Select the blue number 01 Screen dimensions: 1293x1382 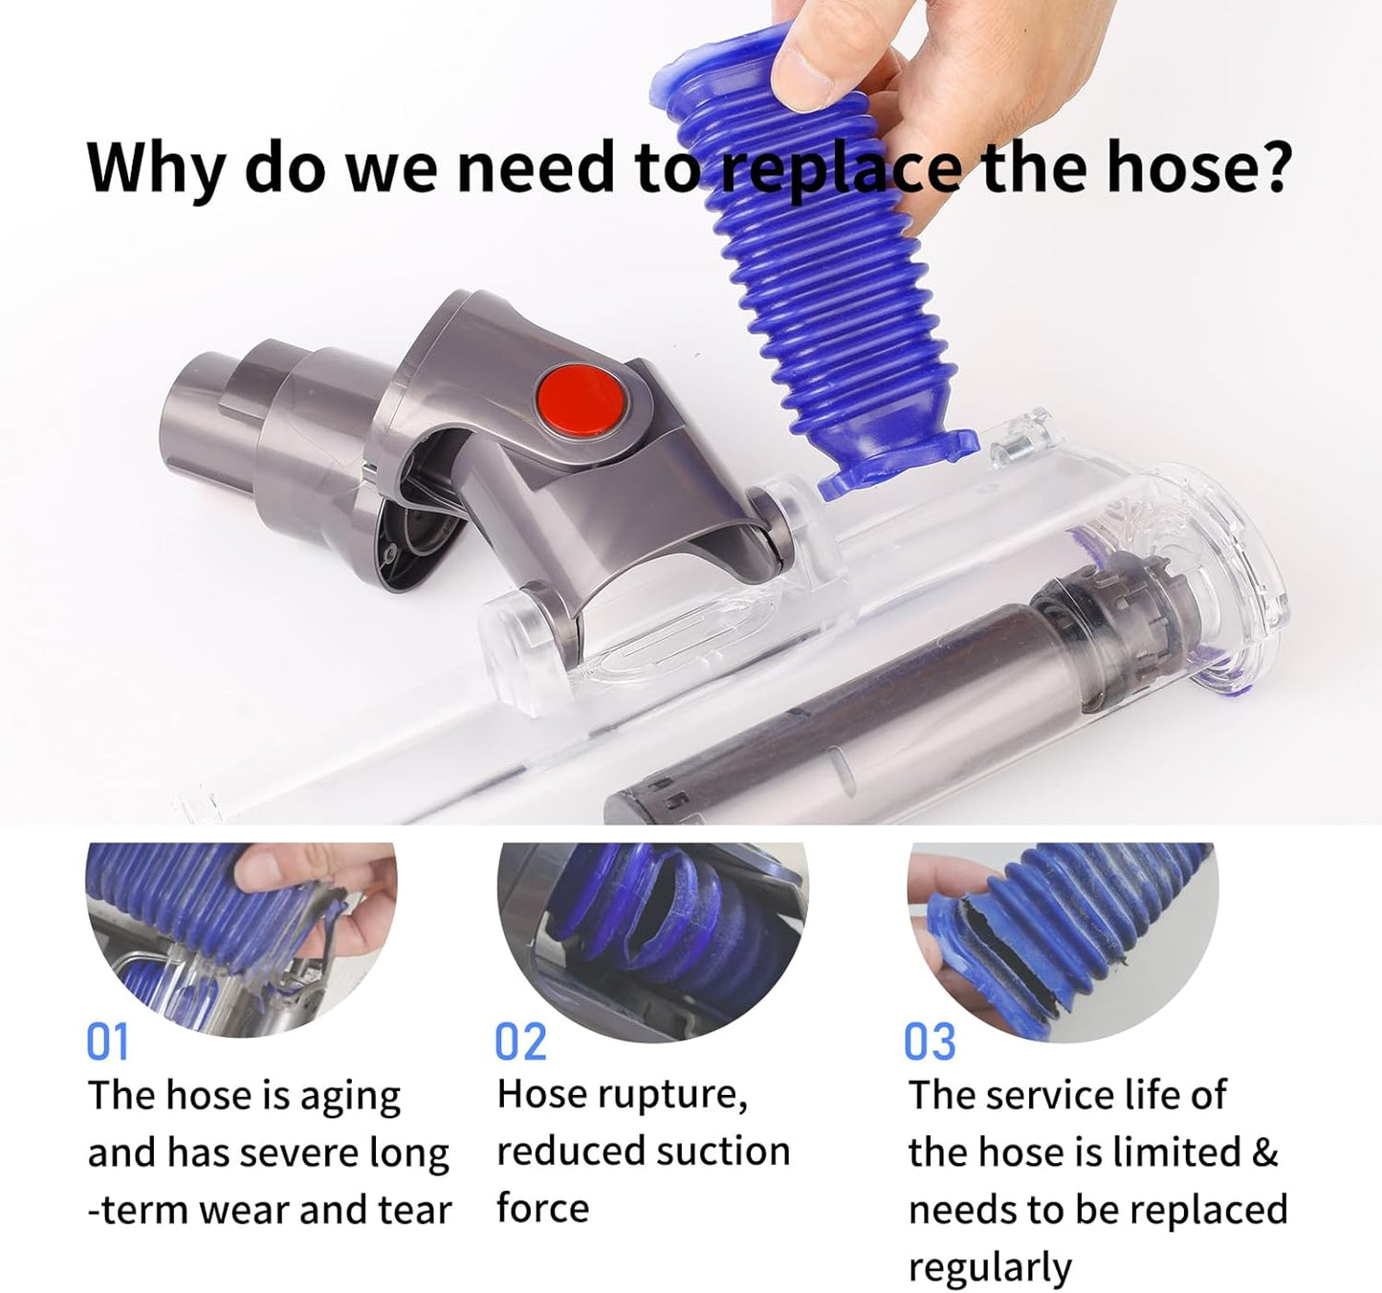(x=107, y=1041)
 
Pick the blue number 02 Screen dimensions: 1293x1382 (x=520, y=1041)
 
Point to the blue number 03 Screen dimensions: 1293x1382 (x=930, y=1041)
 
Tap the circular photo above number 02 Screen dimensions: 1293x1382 (x=652, y=937)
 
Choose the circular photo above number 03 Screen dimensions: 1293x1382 (x=1062, y=937)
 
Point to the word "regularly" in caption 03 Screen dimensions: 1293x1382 (x=990, y=1267)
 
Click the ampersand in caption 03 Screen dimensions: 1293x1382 (x=1264, y=1151)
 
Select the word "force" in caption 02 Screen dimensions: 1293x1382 (x=542, y=1209)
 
